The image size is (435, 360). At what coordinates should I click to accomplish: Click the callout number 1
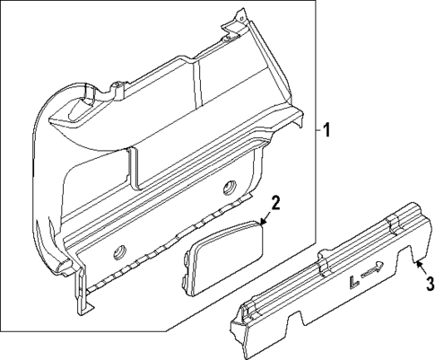327,130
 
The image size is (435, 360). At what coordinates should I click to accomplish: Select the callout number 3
429,285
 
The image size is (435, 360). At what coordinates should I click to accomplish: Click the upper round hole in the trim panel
229,187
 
